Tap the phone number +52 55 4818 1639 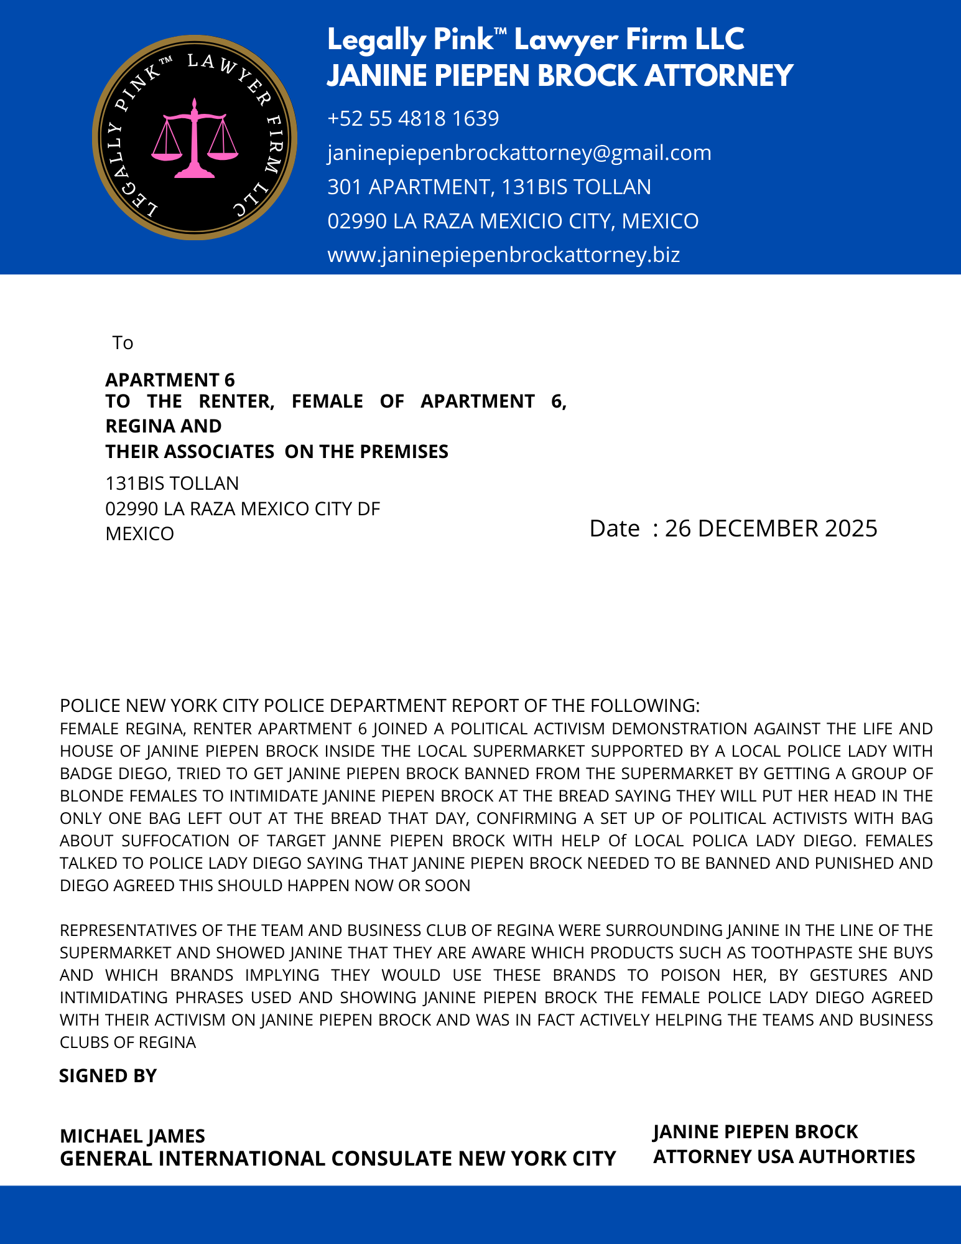pyautogui.click(x=413, y=118)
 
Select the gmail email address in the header pyautogui.click(x=519, y=152)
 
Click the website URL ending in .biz pyautogui.click(x=503, y=255)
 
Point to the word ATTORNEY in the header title pyautogui.click(x=718, y=75)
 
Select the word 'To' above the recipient pyautogui.click(x=123, y=343)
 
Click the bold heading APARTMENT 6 pyautogui.click(x=170, y=380)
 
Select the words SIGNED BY pyautogui.click(x=108, y=1076)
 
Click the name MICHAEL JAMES pyautogui.click(x=132, y=1136)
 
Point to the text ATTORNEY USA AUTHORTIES pyautogui.click(x=784, y=1156)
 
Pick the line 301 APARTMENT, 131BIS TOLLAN pyautogui.click(x=489, y=187)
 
